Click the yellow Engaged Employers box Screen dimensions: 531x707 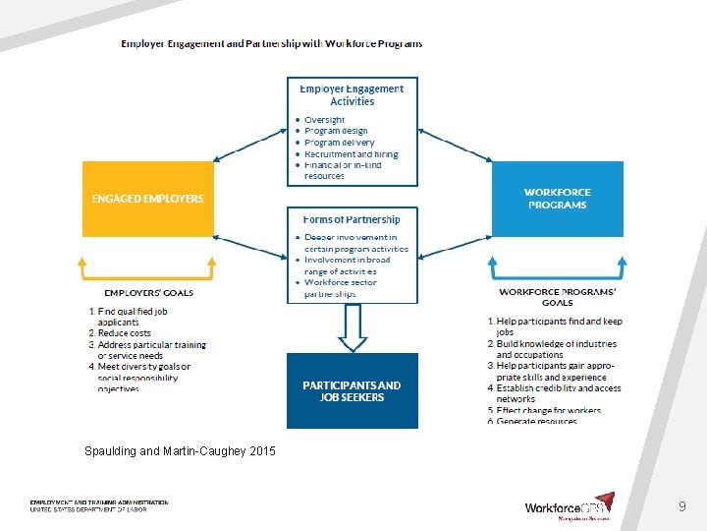coord(147,199)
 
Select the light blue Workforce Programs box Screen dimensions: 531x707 coord(557,199)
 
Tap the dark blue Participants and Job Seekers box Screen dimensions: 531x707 coord(352,390)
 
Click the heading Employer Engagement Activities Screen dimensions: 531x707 coord(352,94)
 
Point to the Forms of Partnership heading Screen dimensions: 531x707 coord(352,219)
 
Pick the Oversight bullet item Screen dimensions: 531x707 coord(324,120)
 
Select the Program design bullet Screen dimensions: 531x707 coord(336,131)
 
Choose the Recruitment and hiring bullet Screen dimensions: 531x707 coord(351,154)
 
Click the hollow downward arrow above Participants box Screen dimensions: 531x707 coord(352,328)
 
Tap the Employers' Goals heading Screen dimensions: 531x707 coord(148,292)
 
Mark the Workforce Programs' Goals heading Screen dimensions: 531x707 coord(557,297)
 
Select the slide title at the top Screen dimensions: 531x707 coord(272,43)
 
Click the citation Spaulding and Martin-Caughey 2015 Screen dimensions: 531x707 coord(180,451)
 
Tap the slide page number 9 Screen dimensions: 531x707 coord(681,506)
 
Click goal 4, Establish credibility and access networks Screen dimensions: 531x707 coord(558,393)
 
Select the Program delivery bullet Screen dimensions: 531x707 coord(339,143)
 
